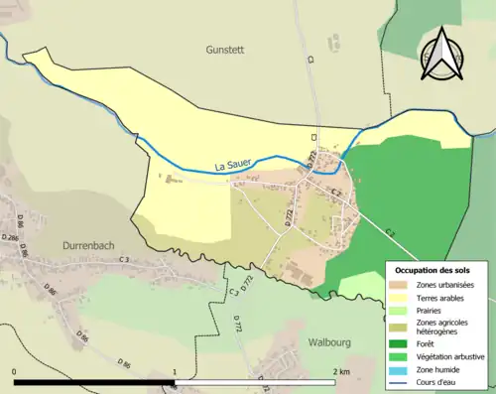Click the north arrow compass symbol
click(442, 55)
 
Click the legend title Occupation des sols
click(434, 270)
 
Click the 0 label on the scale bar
click(15, 371)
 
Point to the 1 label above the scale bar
click(176, 371)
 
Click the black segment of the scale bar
click(94, 382)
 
